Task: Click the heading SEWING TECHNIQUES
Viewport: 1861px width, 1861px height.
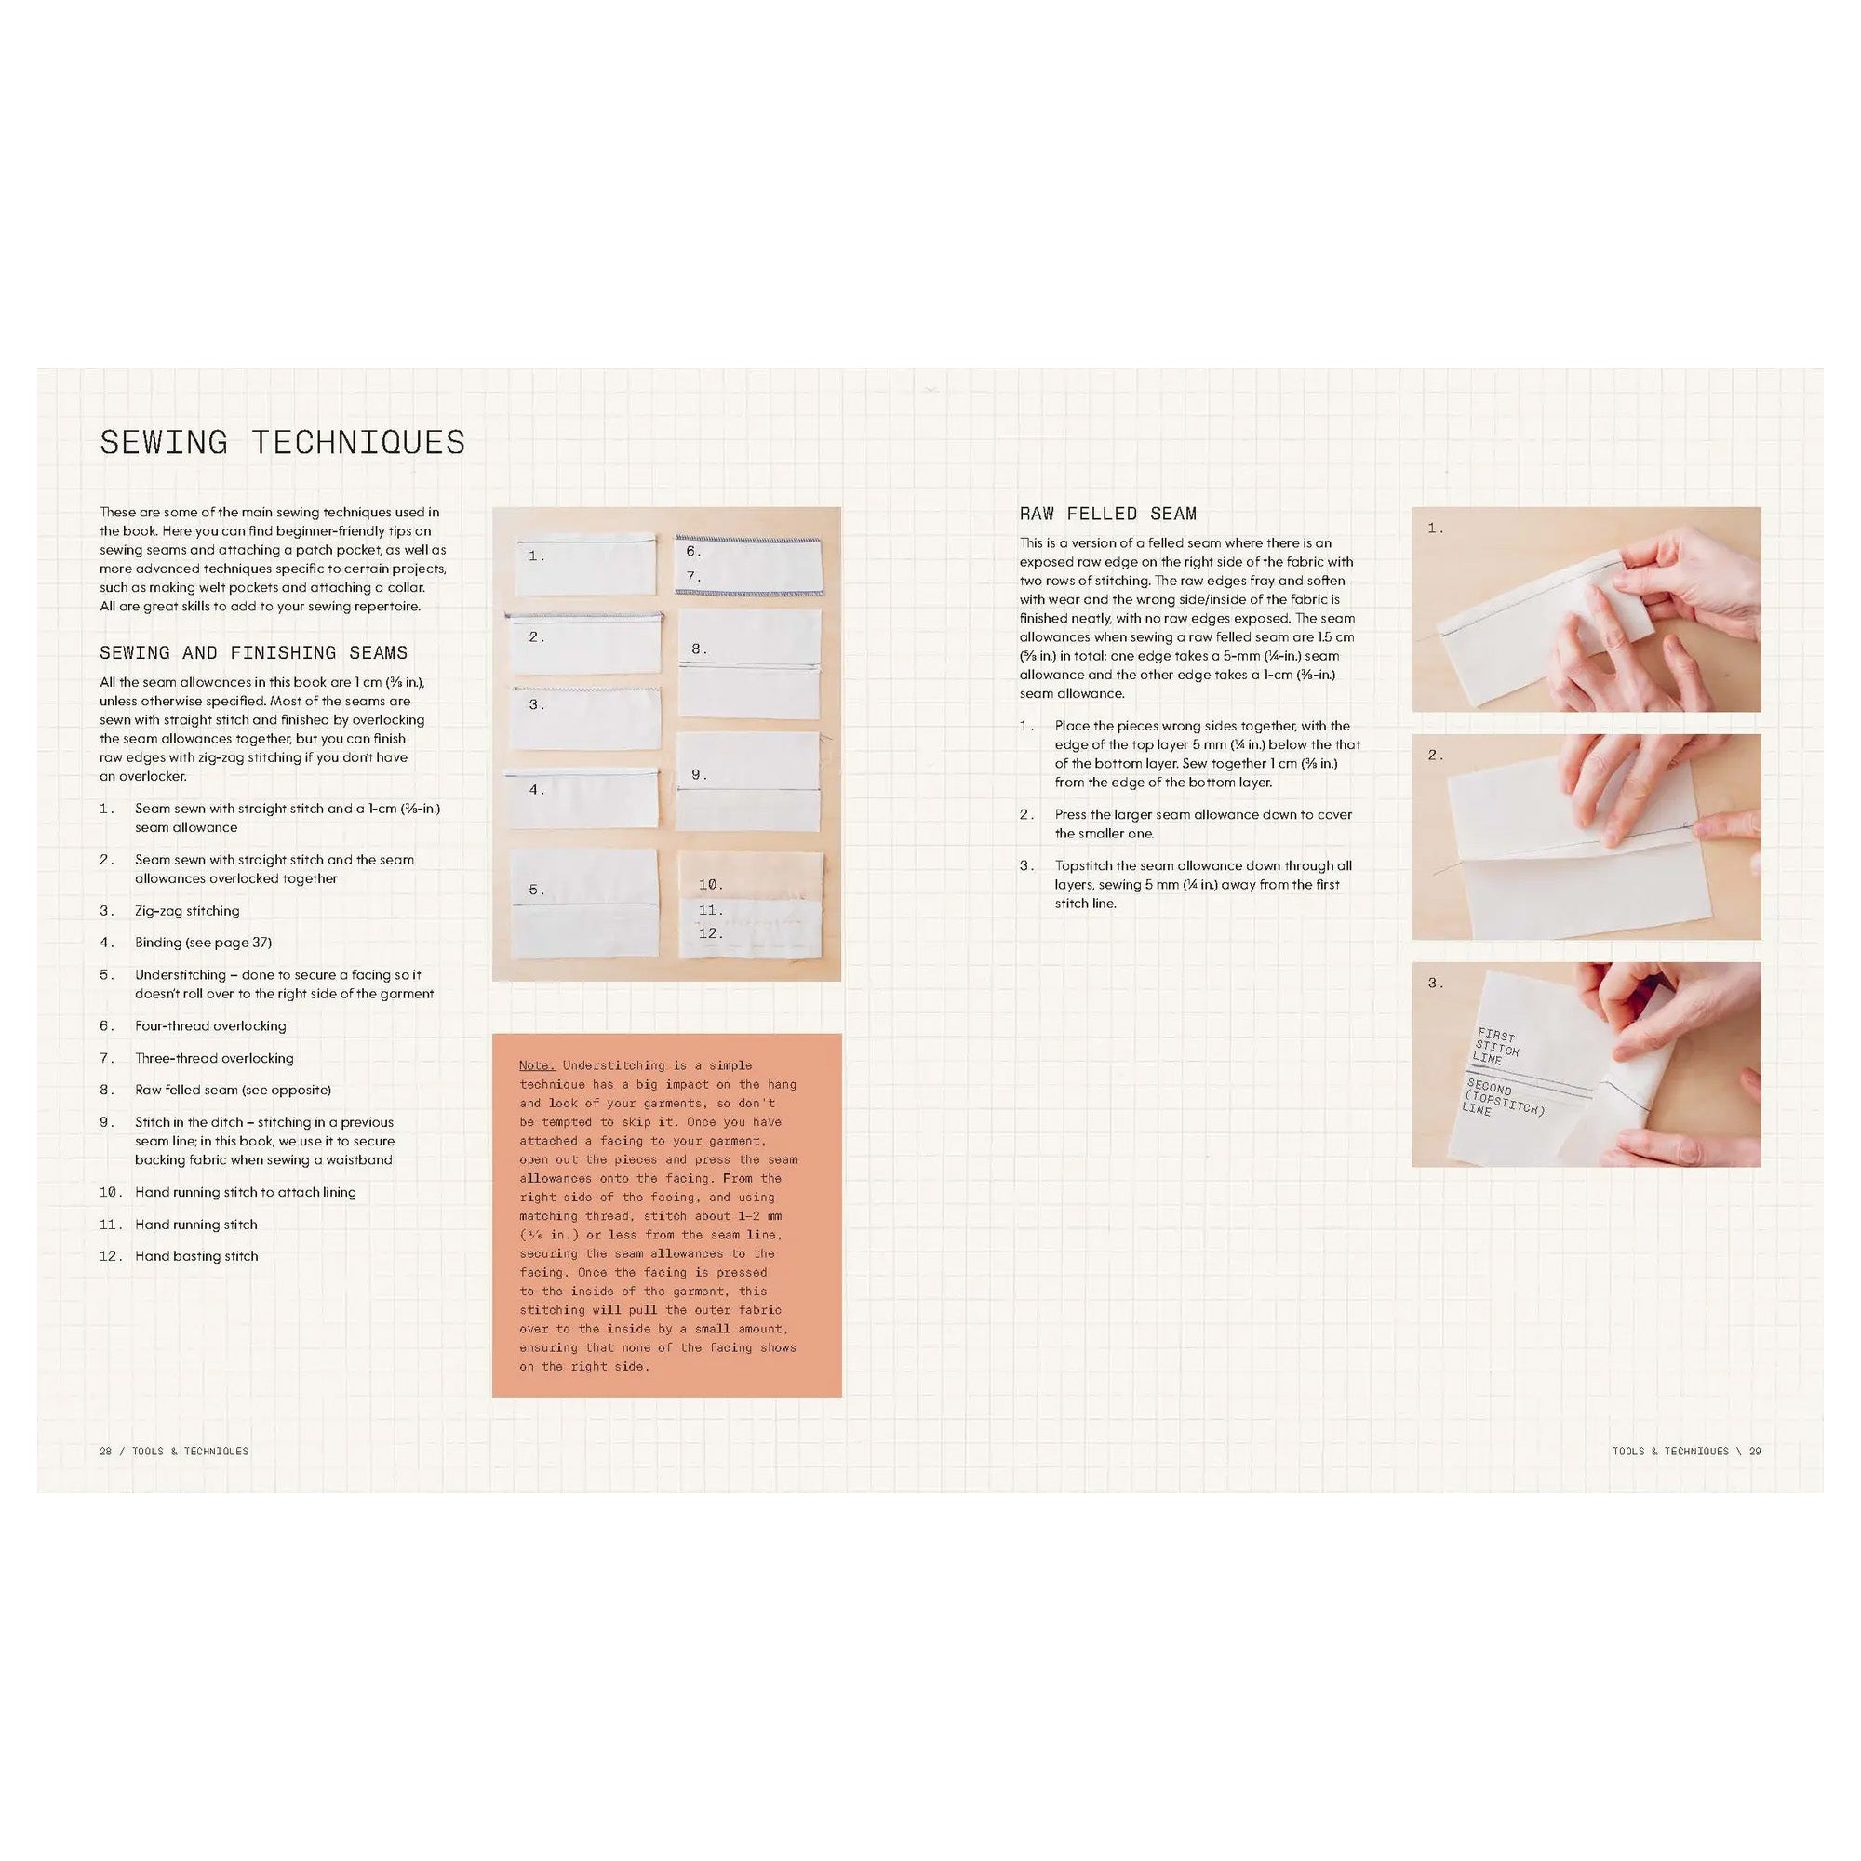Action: pos(282,442)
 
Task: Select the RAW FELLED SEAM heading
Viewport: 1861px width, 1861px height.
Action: pos(1107,515)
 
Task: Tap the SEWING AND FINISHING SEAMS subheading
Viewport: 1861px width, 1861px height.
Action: pos(253,653)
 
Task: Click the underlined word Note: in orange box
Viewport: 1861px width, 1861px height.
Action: pos(537,1065)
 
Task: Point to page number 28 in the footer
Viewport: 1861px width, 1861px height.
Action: pos(105,1451)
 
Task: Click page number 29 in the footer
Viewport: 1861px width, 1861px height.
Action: pos(1755,1451)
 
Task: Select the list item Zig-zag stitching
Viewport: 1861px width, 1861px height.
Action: pos(187,910)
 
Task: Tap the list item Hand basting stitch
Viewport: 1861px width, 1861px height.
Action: pos(196,1256)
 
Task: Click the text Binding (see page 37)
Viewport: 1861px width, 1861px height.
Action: pos(203,942)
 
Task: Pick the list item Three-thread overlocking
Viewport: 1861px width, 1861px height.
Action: pos(214,1058)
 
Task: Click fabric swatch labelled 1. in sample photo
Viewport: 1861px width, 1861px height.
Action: pos(585,567)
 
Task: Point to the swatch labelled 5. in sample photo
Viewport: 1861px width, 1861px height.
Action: pos(583,904)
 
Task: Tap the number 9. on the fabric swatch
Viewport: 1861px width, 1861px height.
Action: pos(700,774)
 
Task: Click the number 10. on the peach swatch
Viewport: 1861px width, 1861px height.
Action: pos(711,884)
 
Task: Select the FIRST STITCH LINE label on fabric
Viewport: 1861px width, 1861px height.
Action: pos(1495,1047)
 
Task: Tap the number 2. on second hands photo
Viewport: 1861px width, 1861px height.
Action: pos(1435,756)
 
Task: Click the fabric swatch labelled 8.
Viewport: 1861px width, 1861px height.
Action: pos(749,664)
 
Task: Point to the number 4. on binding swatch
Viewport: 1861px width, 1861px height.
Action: pos(538,790)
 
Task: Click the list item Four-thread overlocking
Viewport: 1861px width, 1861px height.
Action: pos(210,1025)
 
